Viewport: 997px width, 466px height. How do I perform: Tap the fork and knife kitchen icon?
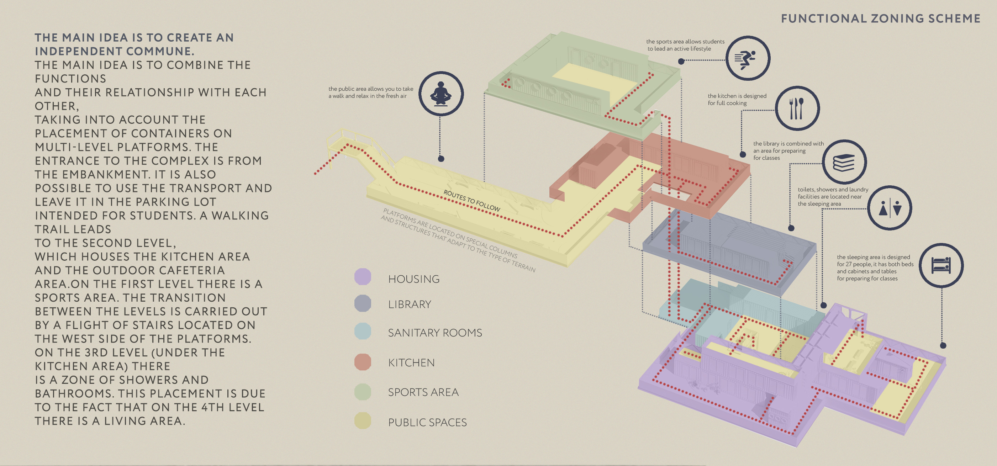(797, 108)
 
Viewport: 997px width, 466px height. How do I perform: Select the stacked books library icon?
(844, 162)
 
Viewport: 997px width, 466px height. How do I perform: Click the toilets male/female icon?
(890, 208)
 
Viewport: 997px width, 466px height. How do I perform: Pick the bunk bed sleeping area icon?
(941, 265)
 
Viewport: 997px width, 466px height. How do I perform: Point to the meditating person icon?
(441, 94)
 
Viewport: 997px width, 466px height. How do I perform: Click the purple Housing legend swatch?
(363, 277)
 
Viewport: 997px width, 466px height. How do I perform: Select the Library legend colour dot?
(363, 303)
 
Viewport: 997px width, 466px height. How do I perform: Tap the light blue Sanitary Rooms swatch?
(363, 332)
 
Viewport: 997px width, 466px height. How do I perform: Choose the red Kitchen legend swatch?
(363, 362)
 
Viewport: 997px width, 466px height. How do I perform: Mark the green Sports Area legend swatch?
(363, 392)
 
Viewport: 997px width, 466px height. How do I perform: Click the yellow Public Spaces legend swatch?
(363, 421)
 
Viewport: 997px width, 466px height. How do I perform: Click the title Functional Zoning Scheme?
(881, 18)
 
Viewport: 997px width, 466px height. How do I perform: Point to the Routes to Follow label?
(471, 201)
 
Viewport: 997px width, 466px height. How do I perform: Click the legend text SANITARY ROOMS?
(435, 333)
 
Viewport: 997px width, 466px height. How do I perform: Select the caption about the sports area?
(685, 45)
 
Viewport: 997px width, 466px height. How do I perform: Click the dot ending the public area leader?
(441, 159)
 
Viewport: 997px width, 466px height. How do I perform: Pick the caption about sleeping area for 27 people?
(875, 268)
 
